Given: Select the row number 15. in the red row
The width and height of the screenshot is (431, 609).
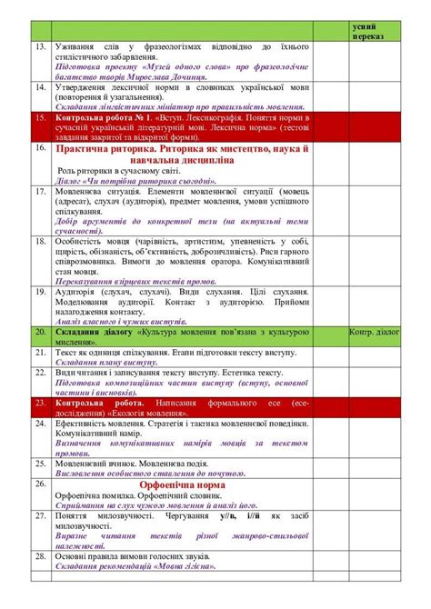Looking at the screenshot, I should coord(38,118).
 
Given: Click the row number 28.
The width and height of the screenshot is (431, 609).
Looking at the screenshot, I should coord(38,554).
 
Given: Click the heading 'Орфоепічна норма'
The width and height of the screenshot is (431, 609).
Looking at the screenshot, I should coord(175,484).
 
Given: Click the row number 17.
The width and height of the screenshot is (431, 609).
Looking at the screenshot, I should coord(38,193).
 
